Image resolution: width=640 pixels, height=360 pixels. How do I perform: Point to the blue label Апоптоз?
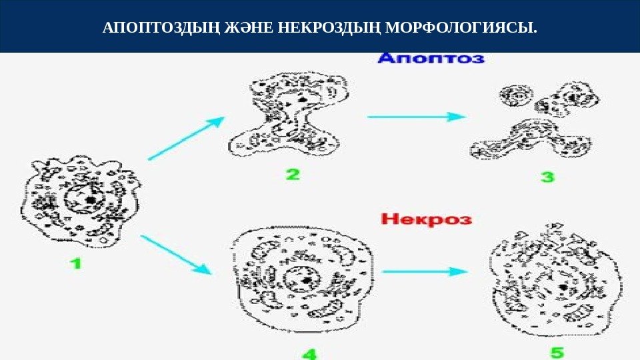[431, 59]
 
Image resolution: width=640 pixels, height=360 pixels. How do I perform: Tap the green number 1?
[77, 263]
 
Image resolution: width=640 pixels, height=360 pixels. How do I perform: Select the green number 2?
[293, 175]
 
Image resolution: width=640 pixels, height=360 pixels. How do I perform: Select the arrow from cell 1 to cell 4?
[176, 255]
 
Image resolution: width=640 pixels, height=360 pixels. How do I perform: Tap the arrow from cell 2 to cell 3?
[416, 116]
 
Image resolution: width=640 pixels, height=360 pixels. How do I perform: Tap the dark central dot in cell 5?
[564, 288]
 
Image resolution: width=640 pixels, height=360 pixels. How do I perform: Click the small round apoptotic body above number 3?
[514, 95]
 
